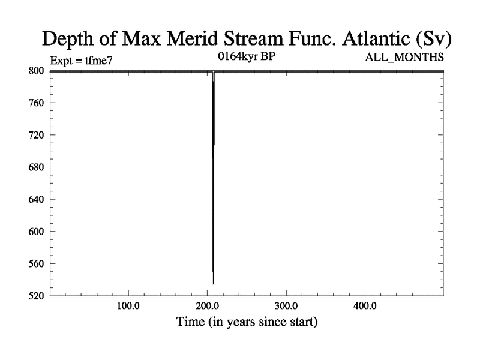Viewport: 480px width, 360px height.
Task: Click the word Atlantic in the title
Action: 376,38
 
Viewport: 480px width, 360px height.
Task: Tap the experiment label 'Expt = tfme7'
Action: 81,61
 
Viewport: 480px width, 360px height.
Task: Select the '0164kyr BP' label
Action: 247,56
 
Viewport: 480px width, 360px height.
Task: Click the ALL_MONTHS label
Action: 404,57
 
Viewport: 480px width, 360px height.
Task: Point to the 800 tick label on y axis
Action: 37,71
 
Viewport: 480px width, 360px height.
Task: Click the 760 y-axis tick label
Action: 37,103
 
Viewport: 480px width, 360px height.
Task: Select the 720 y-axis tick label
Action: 37,135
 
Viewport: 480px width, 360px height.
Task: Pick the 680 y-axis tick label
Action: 37,167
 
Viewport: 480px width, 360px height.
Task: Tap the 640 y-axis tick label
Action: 37,199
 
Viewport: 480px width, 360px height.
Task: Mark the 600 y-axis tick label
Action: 37,232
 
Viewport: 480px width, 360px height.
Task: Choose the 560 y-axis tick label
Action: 37,263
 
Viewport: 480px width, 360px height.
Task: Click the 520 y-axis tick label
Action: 37,296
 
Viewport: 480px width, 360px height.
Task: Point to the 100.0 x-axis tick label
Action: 128,306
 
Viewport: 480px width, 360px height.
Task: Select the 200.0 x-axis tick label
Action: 207,306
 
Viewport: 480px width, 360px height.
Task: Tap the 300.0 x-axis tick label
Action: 286,306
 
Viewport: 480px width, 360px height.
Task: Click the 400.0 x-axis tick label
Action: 365,306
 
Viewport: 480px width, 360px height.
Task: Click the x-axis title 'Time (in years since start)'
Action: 247,322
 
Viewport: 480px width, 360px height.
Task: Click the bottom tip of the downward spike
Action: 214,284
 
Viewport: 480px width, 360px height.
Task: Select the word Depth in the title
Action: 68,39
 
